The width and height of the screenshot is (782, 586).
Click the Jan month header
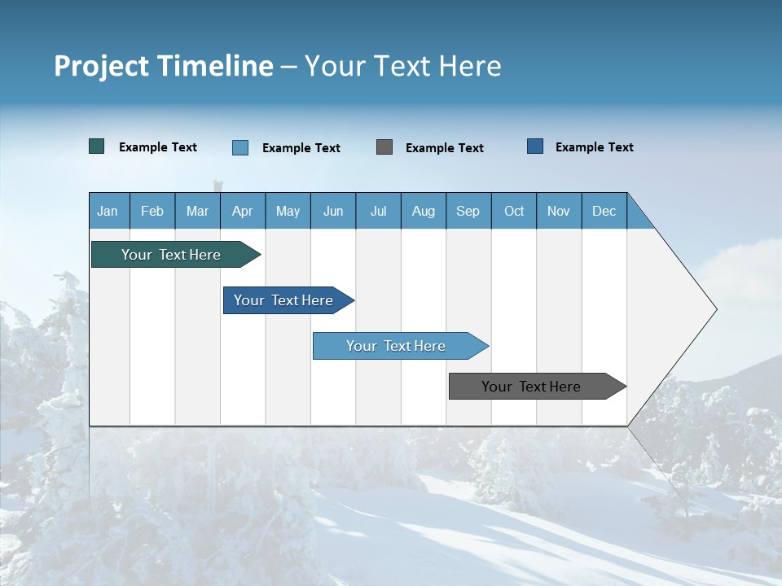click(108, 211)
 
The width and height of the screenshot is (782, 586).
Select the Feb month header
click(152, 211)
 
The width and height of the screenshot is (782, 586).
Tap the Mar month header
click(197, 211)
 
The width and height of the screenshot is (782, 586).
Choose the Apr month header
click(243, 211)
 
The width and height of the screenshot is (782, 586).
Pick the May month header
click(288, 211)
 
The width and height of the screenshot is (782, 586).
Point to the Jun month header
click(333, 211)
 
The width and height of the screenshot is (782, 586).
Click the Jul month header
click(378, 211)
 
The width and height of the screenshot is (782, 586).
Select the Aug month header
click(424, 211)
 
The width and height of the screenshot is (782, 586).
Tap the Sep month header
click(468, 211)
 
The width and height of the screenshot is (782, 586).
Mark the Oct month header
click(514, 211)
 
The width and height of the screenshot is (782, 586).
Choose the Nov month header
click(559, 211)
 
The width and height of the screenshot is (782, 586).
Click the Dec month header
click(604, 211)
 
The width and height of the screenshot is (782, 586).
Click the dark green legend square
click(97, 146)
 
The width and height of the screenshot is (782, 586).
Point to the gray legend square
click(384, 146)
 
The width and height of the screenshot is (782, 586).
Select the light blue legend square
click(240, 147)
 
